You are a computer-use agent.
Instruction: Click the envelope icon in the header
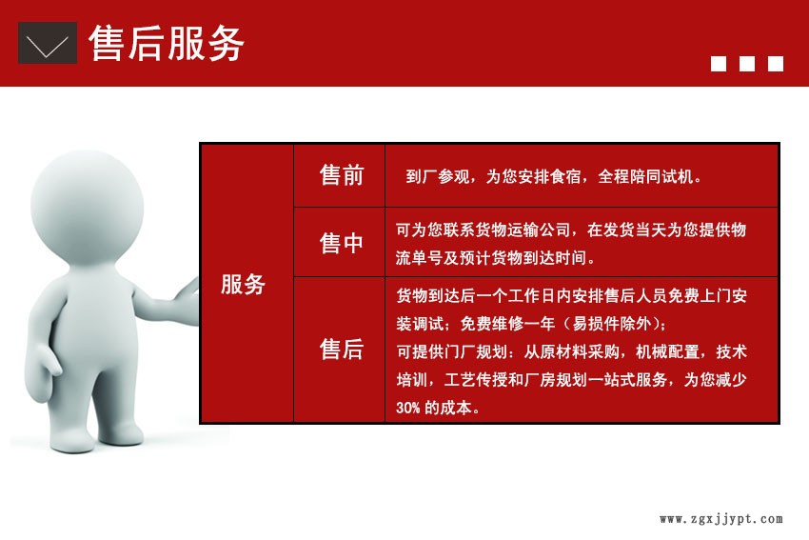click(48, 43)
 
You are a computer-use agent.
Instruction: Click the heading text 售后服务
click(167, 44)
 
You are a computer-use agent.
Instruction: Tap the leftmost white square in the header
click(719, 64)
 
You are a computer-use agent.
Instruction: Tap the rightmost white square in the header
click(776, 64)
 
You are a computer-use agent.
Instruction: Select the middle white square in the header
click(747, 64)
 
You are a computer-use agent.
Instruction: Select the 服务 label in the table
click(243, 284)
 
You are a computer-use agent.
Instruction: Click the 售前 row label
click(341, 175)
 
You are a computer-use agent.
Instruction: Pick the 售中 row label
click(341, 243)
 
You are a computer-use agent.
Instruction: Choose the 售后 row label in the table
click(341, 350)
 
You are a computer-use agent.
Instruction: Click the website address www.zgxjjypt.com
click(720, 519)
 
